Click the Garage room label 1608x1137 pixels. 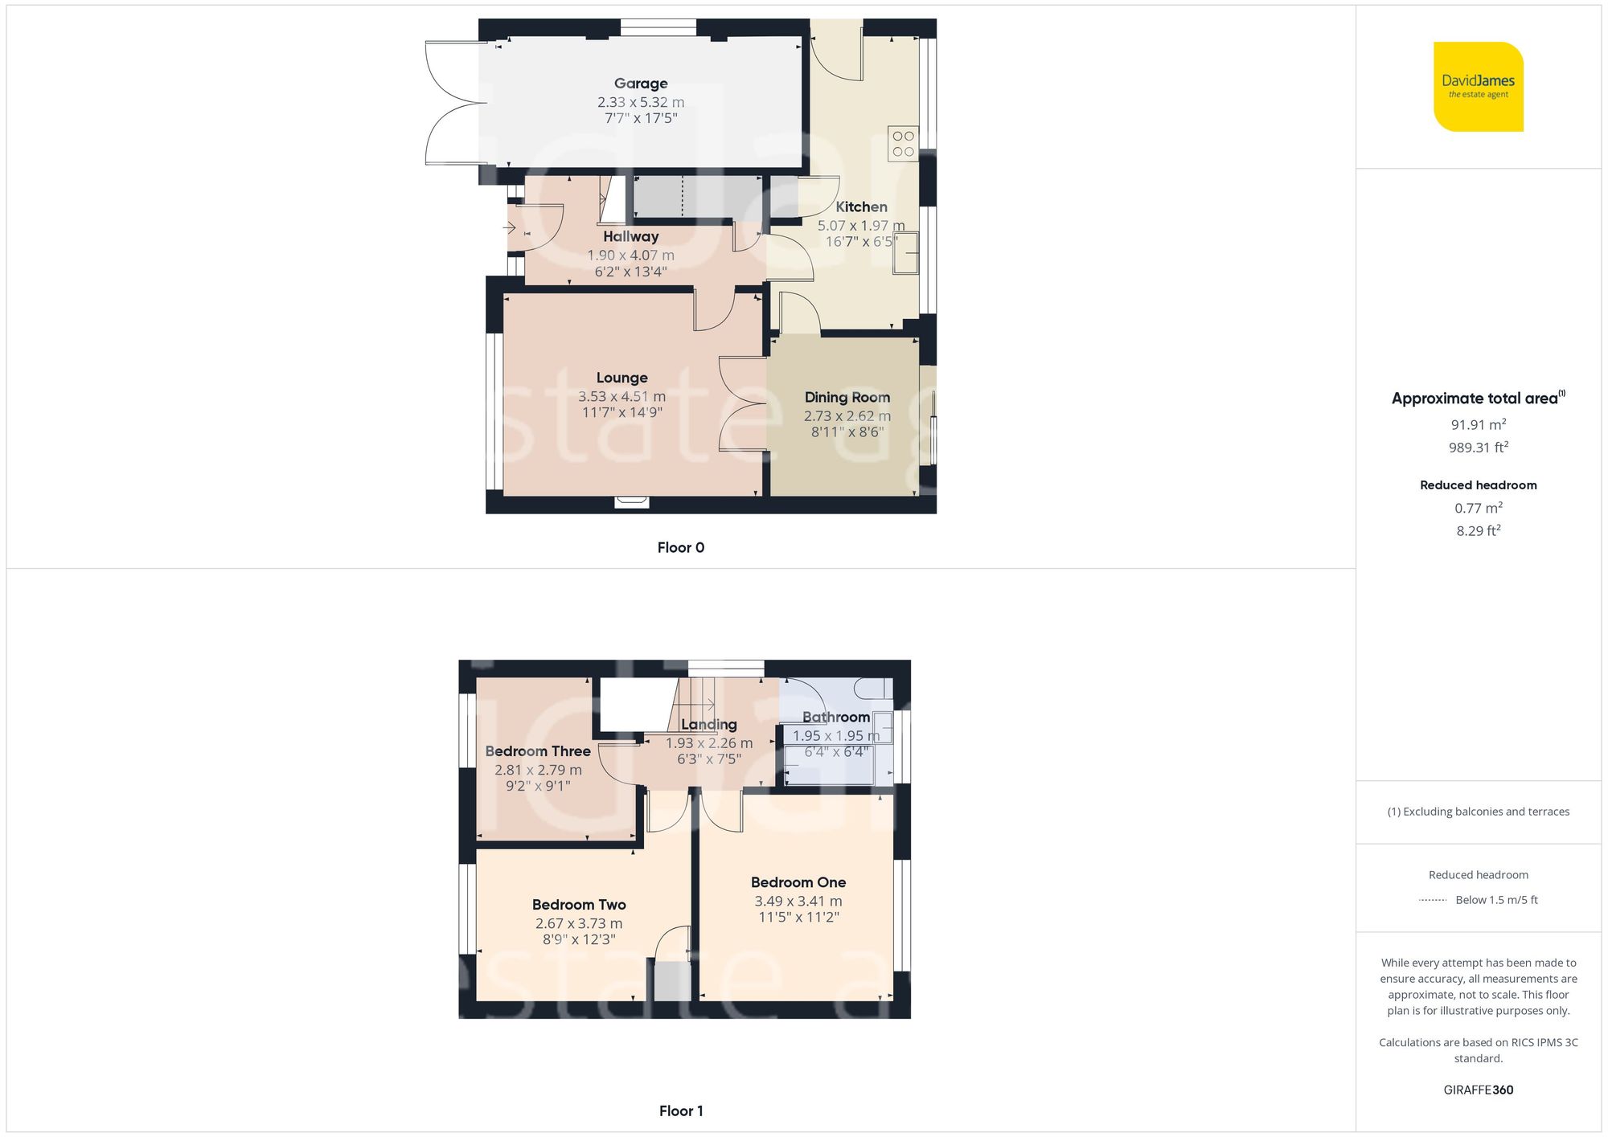pyautogui.click(x=641, y=84)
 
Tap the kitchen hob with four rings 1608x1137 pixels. pyautogui.click(x=903, y=144)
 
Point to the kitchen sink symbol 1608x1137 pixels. pyautogui.click(x=905, y=252)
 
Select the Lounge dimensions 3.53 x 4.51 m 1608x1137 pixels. pyautogui.click(x=621, y=397)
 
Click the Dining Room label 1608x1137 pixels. pyautogui.click(x=847, y=398)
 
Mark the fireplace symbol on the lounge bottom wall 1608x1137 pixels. pyautogui.click(x=631, y=503)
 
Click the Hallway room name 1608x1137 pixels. pyautogui.click(x=630, y=237)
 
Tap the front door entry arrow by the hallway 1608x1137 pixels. pyautogui.click(x=509, y=228)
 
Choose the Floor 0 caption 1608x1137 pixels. pyautogui.click(x=680, y=548)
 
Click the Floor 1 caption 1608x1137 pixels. pyautogui.click(x=680, y=1111)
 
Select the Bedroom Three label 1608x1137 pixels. pyautogui.click(x=538, y=751)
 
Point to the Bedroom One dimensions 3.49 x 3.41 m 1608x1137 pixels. pyautogui.click(x=798, y=902)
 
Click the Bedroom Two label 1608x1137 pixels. pyautogui.click(x=579, y=905)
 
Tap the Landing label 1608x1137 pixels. pyautogui.click(x=708, y=725)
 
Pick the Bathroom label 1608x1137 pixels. pyautogui.click(x=835, y=718)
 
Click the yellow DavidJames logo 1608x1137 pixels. pyautogui.click(x=1478, y=87)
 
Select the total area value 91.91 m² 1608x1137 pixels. pyautogui.click(x=1478, y=425)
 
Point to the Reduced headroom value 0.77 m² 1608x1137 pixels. pyautogui.click(x=1478, y=509)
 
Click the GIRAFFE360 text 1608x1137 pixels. pyautogui.click(x=1478, y=1090)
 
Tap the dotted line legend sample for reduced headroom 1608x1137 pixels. pyautogui.click(x=1433, y=901)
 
